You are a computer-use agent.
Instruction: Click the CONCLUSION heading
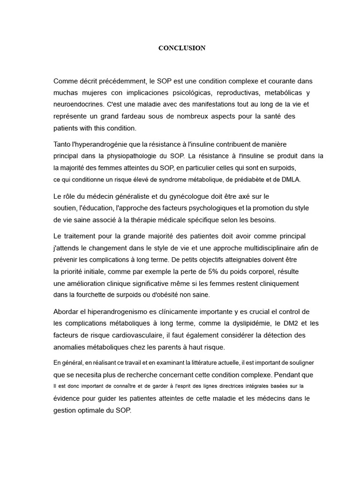(x=182, y=48)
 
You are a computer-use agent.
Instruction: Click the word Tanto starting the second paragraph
(x=63, y=144)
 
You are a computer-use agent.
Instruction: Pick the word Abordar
(x=67, y=312)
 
